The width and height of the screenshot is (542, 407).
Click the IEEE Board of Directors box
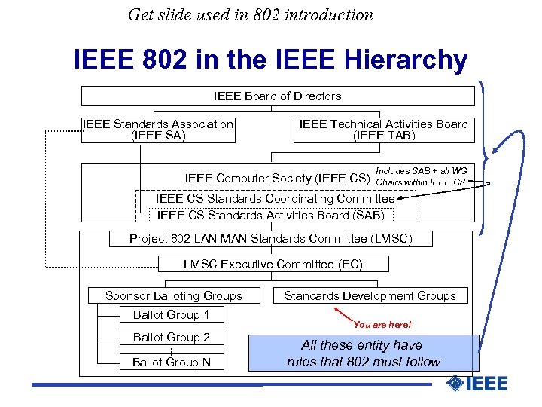278,96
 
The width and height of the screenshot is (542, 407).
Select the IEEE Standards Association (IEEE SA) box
157,130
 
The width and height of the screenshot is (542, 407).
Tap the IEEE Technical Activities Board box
383,130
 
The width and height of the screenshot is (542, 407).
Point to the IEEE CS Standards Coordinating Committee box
275,198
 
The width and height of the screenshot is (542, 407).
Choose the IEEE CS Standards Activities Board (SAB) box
270,215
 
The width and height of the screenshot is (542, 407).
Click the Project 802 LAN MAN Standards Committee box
270,239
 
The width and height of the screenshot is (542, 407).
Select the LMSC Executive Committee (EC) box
273,265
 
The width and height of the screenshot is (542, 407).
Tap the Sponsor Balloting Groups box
173,296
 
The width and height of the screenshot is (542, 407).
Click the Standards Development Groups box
370,296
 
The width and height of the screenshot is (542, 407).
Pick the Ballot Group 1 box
171,315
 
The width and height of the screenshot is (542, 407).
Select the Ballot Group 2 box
171,337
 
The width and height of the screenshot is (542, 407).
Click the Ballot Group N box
171,363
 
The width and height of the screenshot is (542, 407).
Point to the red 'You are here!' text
382,324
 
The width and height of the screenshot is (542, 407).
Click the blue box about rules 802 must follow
364,353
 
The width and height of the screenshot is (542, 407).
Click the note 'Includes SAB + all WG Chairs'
421,176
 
